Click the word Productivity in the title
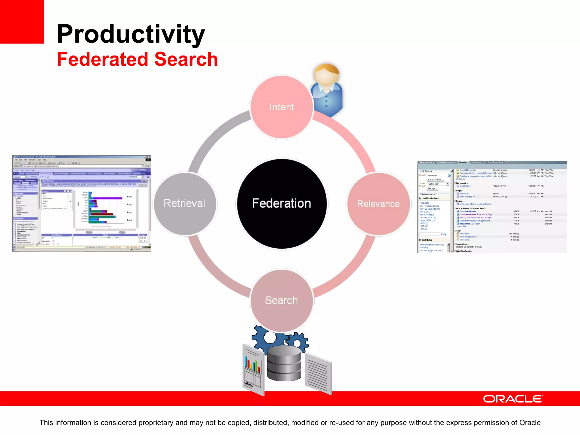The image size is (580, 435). coord(131,34)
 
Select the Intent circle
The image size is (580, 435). coord(282,107)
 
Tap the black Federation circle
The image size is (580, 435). coord(282,203)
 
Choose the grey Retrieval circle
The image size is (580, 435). coord(185,203)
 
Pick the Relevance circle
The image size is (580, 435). coord(378,203)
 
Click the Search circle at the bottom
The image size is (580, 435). coord(282,300)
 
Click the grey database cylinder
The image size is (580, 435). coord(284,364)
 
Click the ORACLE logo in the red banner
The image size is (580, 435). coord(513,399)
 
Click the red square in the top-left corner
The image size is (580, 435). coord(22,22)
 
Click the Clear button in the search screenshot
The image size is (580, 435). coord(430,180)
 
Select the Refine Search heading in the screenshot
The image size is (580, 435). coord(428,194)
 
